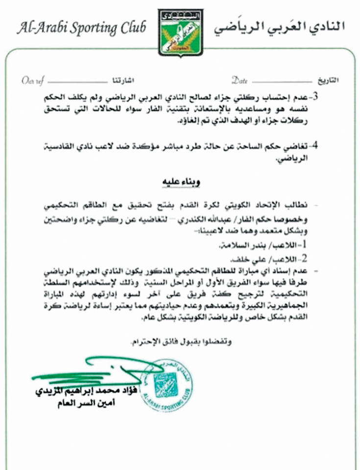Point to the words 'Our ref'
[33, 80]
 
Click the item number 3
[315, 95]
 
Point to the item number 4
[315, 145]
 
